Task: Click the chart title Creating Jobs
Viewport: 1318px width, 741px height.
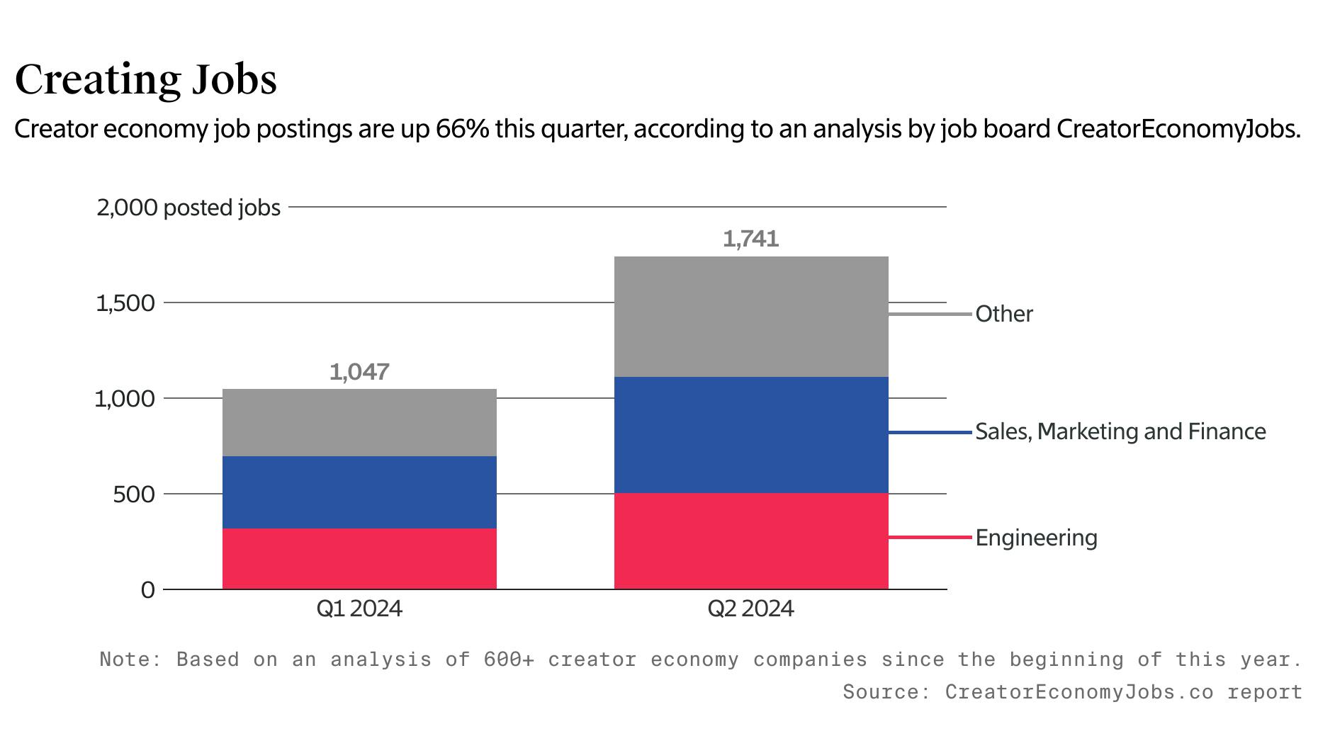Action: tap(145, 79)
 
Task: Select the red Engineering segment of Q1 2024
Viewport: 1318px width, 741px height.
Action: tap(359, 558)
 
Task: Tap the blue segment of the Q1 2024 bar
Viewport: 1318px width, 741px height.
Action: tap(359, 492)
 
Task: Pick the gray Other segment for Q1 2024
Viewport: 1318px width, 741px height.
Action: tap(359, 422)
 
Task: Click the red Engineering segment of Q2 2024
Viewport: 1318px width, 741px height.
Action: tap(751, 541)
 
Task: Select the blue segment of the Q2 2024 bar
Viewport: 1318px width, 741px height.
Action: tap(751, 434)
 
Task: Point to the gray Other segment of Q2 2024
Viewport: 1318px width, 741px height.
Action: tap(751, 316)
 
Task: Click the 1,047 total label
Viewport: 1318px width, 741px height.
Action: tap(359, 372)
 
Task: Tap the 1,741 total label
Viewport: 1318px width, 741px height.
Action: tap(751, 239)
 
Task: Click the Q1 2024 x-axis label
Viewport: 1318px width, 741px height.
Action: tap(359, 609)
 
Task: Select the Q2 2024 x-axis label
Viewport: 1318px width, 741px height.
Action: tap(751, 609)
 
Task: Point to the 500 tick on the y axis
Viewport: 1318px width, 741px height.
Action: tap(133, 494)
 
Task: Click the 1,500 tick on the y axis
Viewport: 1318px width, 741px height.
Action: tap(125, 303)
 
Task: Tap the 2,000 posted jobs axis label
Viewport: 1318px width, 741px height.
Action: tap(188, 208)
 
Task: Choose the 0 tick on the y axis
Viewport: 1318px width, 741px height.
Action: tap(147, 589)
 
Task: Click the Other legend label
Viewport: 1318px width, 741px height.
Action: tap(1004, 314)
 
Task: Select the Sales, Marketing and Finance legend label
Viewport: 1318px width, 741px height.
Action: tap(1120, 431)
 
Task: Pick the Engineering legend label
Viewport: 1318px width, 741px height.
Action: tap(1036, 538)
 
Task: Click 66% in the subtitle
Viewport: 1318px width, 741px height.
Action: tap(462, 129)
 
